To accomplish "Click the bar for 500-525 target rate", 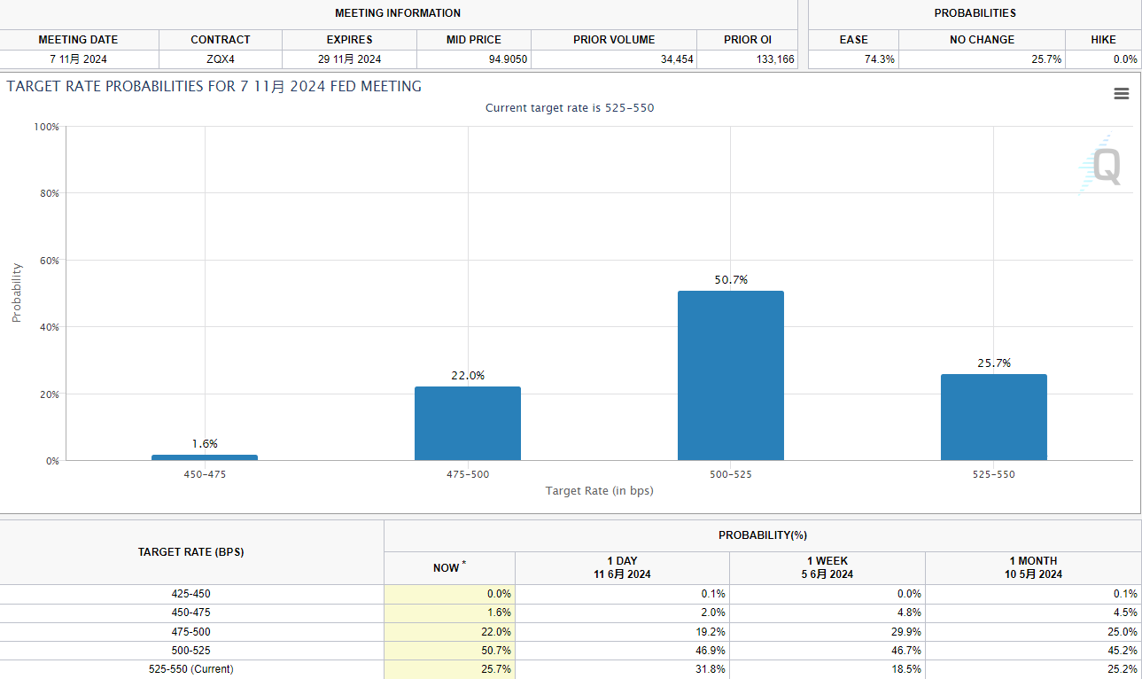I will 730,375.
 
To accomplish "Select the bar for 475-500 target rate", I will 467,423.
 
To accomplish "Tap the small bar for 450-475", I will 204,457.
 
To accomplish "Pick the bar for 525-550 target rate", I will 993,417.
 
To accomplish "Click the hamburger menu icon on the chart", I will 1122,94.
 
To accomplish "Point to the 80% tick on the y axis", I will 49,193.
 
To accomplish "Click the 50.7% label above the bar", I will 731,280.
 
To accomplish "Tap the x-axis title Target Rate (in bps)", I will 599,490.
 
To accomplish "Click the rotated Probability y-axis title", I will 16,293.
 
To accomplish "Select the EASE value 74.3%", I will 879,59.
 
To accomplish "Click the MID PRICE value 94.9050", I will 508,59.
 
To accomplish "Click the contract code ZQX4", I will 220,59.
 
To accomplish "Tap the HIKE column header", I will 1103,40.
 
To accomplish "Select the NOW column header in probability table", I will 447,567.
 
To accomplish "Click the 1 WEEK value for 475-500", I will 905,632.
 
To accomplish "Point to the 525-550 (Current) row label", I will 191,669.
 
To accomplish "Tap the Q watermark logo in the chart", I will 1103,166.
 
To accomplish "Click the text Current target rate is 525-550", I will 570,108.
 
